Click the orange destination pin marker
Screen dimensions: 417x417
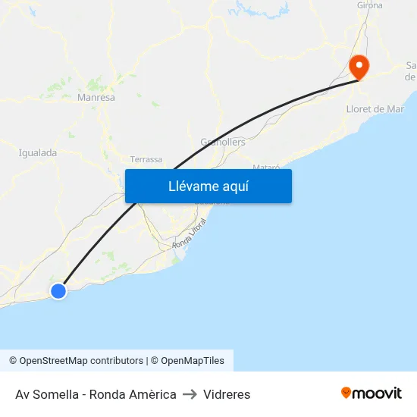click(x=358, y=66)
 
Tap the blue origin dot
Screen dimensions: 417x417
click(x=58, y=290)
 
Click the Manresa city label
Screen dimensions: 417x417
click(x=96, y=98)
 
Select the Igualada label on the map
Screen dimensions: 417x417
click(x=38, y=152)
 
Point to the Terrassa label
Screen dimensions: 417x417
click(x=146, y=159)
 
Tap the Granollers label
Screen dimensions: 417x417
click(x=223, y=142)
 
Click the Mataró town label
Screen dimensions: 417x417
click(x=266, y=167)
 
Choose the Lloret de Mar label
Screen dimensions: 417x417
click(x=375, y=109)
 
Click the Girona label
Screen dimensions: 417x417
click(x=370, y=5)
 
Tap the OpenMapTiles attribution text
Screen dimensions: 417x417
click(x=192, y=361)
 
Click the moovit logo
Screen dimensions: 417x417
click(x=372, y=393)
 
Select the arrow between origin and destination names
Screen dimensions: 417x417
click(x=190, y=394)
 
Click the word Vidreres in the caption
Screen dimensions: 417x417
click(x=227, y=394)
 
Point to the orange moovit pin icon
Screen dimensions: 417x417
click(x=346, y=393)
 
